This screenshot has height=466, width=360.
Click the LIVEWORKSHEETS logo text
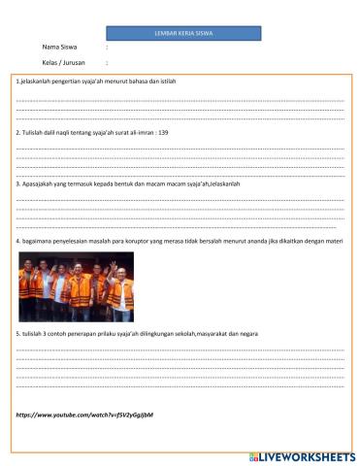306,455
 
